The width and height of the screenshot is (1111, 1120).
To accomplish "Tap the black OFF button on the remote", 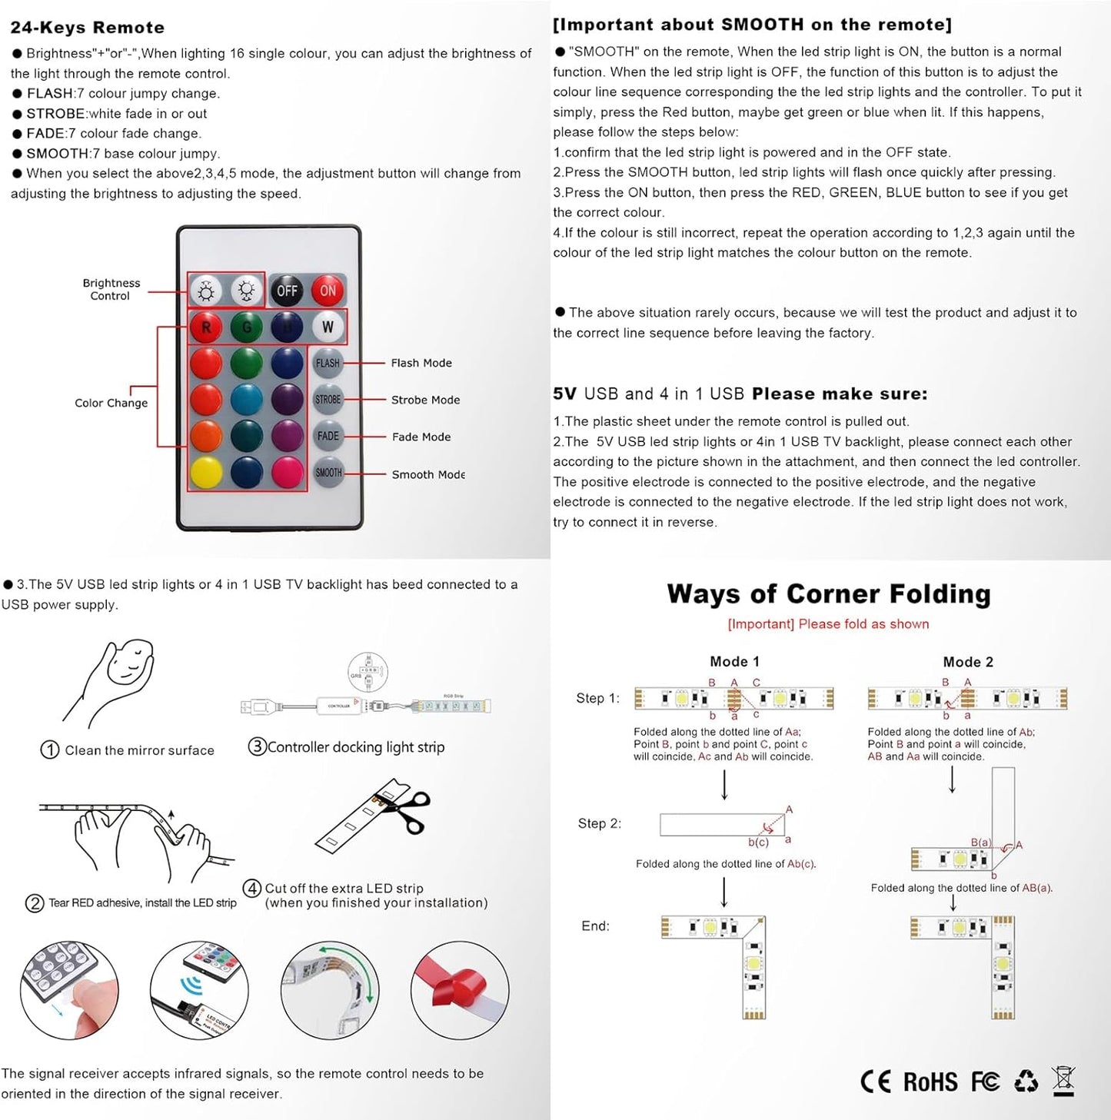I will (x=287, y=291).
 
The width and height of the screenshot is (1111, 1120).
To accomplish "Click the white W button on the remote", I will (x=328, y=327).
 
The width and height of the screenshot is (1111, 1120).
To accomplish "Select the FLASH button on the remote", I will (x=328, y=363).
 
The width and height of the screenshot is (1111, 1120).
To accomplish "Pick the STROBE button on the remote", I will (x=328, y=400).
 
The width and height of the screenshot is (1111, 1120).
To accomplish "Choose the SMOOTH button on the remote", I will (x=328, y=473).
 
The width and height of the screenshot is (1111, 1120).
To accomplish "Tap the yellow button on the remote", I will (x=206, y=473).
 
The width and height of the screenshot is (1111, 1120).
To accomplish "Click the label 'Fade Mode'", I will (x=421, y=437).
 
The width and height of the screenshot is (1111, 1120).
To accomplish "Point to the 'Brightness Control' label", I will (x=111, y=290).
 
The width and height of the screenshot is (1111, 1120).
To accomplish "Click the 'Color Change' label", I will (x=111, y=403).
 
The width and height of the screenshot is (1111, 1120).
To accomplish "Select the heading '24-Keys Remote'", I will (x=88, y=28).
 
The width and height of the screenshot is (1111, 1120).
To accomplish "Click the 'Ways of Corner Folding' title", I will (x=829, y=594).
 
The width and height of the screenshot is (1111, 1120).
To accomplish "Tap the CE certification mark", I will (x=876, y=1082).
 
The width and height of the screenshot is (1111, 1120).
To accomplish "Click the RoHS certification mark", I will (x=930, y=1082).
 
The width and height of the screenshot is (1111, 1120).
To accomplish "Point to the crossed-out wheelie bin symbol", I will (x=1063, y=1081).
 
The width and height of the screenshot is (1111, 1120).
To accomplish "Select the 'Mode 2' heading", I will (x=968, y=662).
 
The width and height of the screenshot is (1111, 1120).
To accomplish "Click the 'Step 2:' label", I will (x=600, y=823).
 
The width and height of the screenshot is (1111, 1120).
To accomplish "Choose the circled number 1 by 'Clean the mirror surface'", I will (x=50, y=750).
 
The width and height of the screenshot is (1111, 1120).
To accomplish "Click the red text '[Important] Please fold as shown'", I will (x=828, y=624).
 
